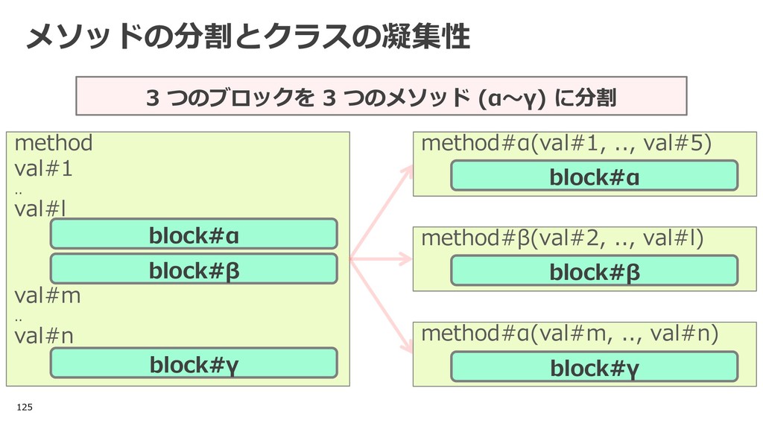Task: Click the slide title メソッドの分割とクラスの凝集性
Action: click(x=248, y=36)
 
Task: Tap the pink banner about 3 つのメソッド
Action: click(x=381, y=96)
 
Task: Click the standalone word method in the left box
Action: click(x=54, y=143)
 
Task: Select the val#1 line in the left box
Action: click(x=44, y=169)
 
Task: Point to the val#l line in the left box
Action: click(x=40, y=209)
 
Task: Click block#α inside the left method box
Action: click(x=194, y=234)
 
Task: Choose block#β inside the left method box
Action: click(x=194, y=269)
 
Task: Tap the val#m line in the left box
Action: click(x=48, y=296)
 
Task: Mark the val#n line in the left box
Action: click(x=44, y=336)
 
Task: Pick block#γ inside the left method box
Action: click(x=194, y=363)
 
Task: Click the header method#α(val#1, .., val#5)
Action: click(x=566, y=143)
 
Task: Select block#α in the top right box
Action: click(x=594, y=176)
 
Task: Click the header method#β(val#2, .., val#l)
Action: click(x=563, y=238)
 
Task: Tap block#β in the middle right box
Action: click(x=594, y=270)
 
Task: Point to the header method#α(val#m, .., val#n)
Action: click(x=570, y=334)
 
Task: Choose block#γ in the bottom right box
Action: click(x=594, y=366)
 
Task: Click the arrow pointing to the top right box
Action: click(x=381, y=212)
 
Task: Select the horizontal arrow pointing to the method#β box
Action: click(x=381, y=258)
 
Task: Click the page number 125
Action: click(x=25, y=407)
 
